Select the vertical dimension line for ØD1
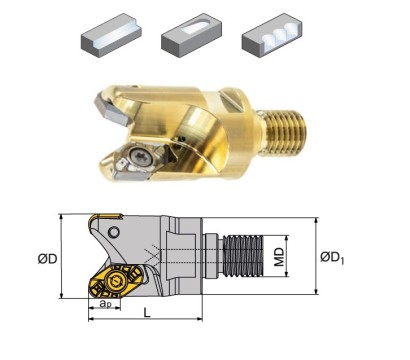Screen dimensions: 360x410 click(x=317, y=254)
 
